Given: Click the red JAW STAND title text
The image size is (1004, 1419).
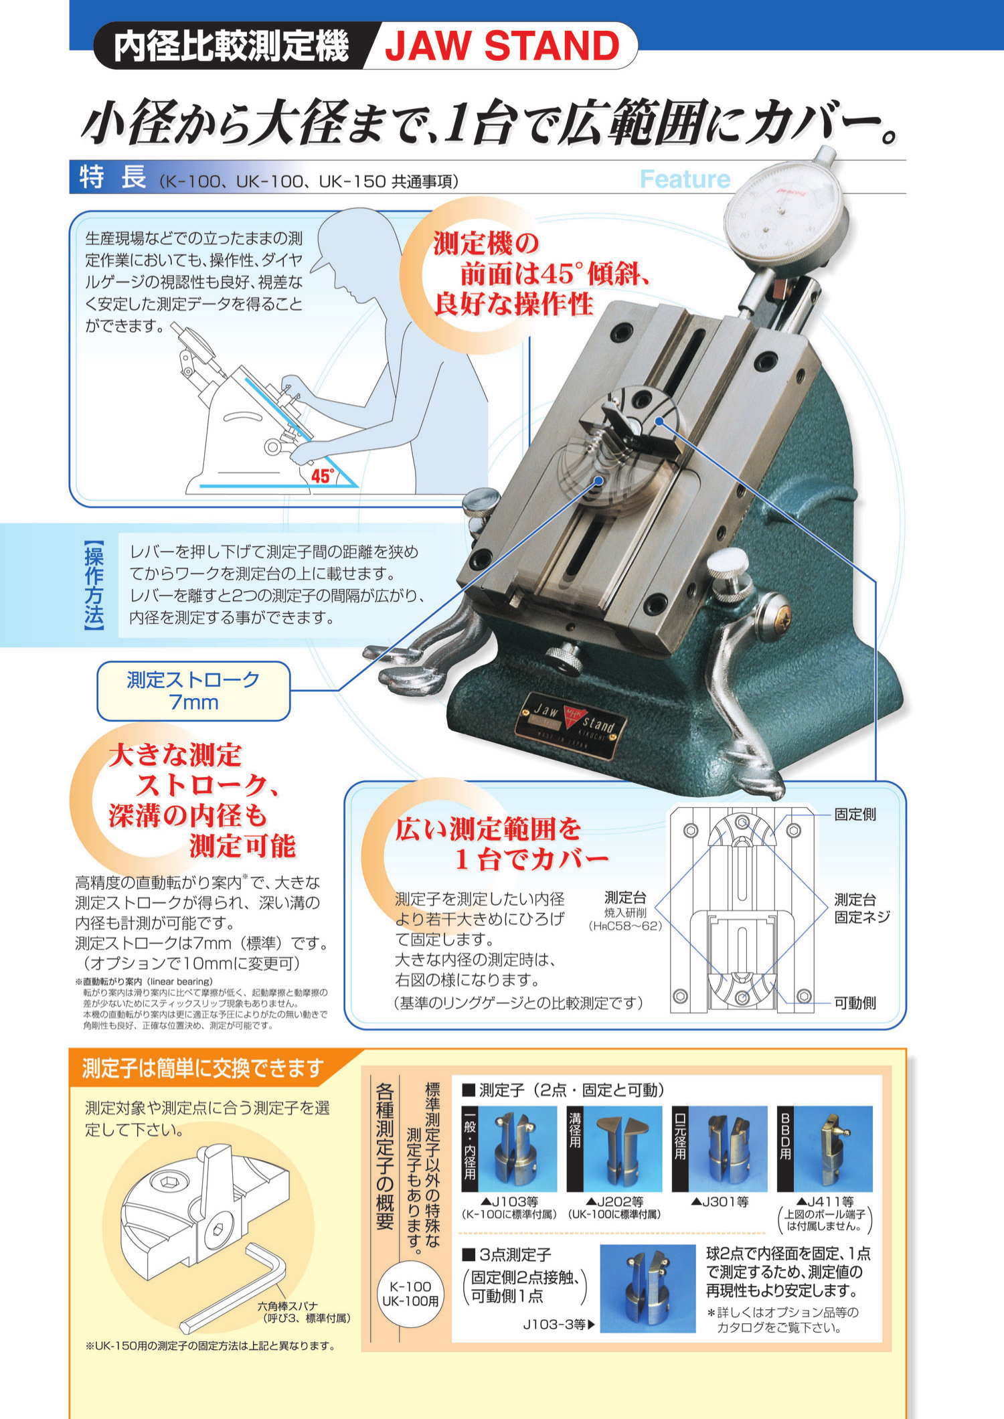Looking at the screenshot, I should point(502,46).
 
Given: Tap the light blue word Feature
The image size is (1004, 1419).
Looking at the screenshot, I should point(685,179).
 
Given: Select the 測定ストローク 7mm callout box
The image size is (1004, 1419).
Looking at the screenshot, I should point(193,691).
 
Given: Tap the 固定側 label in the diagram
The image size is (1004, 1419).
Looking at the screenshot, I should point(855,815).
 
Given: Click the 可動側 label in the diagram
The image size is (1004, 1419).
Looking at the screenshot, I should point(855,1003).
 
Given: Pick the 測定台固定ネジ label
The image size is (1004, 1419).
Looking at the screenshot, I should point(861,908).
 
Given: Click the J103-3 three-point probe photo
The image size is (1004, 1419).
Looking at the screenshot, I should point(647,1288).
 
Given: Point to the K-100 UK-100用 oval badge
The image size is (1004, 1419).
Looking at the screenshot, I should point(410,1293).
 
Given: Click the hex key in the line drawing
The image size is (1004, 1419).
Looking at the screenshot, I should point(234,1288).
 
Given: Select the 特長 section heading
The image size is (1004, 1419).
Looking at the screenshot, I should point(112,177).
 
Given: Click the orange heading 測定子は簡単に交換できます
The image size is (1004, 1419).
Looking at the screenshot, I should point(203,1068).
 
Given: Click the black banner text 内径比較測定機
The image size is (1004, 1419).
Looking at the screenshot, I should point(231,46).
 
